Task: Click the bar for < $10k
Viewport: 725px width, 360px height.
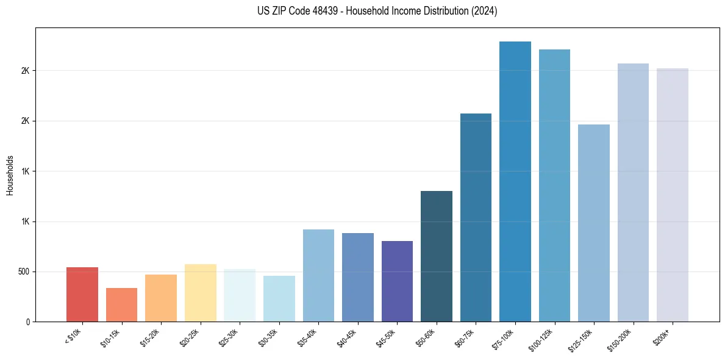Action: point(82,295)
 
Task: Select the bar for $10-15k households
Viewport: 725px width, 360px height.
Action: point(121,305)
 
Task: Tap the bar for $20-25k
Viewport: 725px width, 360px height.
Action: point(200,293)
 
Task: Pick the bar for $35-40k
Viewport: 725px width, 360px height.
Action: point(318,276)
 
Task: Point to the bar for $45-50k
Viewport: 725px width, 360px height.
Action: point(397,281)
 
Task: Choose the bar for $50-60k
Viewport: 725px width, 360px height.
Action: point(437,256)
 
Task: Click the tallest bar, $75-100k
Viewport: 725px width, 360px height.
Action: point(515,182)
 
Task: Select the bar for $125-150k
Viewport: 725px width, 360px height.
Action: point(594,223)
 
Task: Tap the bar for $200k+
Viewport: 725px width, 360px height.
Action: point(673,195)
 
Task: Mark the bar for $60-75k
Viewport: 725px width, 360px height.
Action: point(476,218)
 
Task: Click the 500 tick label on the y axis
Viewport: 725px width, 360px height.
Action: point(24,272)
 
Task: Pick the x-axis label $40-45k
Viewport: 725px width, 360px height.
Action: point(348,337)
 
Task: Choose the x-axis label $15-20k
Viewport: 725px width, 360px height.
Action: point(151,337)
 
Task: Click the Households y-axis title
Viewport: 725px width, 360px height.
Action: point(10,175)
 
